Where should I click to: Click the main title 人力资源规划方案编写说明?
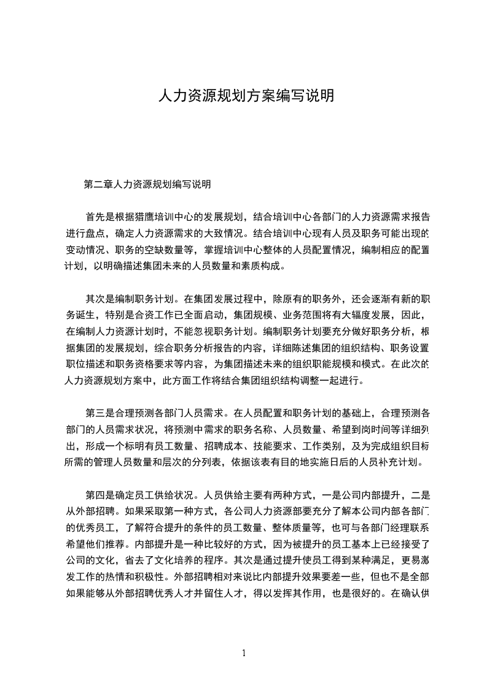click(x=246, y=96)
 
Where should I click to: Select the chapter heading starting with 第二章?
click(x=147, y=184)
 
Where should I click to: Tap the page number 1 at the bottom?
click(x=244, y=653)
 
